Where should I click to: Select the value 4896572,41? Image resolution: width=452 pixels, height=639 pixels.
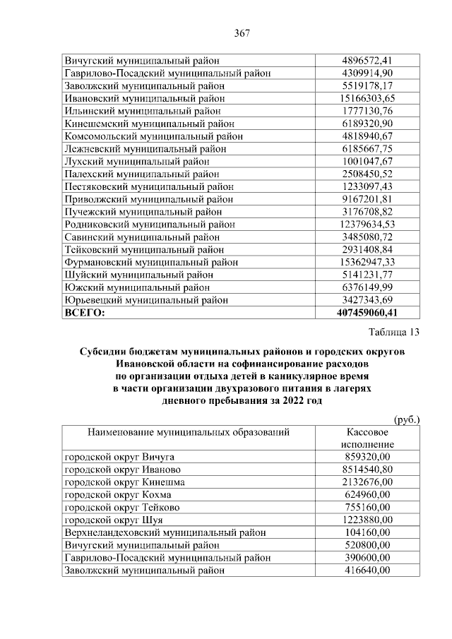367,60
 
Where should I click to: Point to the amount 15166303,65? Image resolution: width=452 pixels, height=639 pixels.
367,98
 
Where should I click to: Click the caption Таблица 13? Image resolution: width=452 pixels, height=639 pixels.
394,333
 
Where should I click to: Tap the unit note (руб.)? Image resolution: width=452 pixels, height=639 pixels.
406,419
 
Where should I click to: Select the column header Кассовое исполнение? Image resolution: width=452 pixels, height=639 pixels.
367,437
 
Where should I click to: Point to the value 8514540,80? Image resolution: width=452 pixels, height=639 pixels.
367,469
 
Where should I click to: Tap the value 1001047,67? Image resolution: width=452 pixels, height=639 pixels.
367,161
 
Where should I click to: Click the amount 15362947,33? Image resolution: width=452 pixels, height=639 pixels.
367,262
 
